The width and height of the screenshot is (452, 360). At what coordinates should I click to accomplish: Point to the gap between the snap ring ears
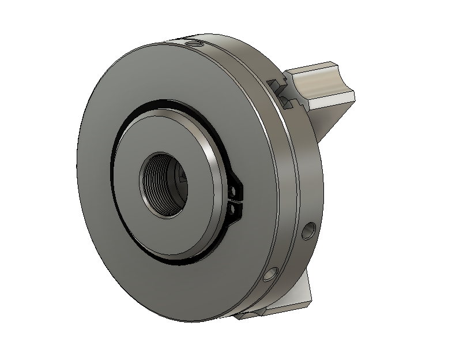[x=238, y=200]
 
